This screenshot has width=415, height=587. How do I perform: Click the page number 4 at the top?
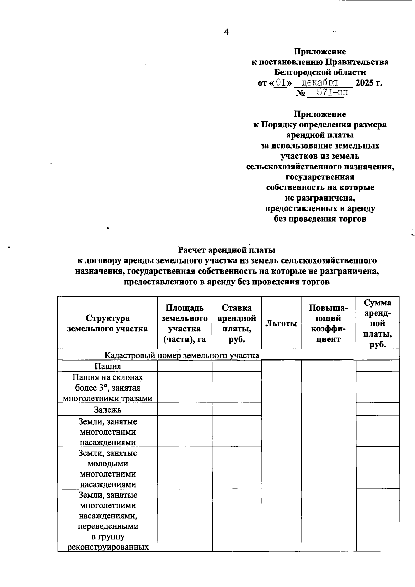tap(226, 32)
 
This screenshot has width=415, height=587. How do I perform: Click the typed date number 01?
tap(280, 83)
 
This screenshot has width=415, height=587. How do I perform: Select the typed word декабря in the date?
tap(320, 83)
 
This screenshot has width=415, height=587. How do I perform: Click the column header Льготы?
tap(281, 323)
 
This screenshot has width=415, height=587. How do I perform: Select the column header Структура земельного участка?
tap(108, 323)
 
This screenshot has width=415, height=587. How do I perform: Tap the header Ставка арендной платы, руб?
tap(237, 323)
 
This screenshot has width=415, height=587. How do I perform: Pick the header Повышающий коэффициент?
tap(328, 323)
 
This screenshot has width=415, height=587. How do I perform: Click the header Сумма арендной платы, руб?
tap(377, 323)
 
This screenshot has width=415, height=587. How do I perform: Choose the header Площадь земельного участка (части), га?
tap(185, 323)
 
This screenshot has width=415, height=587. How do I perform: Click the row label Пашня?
tap(108, 366)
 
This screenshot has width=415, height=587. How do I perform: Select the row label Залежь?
tap(108, 410)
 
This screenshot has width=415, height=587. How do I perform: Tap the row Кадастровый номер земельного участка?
tap(182, 355)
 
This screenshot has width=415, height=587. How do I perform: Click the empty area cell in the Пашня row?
tap(185, 366)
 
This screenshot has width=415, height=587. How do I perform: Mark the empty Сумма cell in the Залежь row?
tap(377, 410)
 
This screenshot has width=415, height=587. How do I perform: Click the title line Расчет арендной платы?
tap(227, 250)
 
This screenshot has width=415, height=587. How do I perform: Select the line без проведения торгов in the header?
tap(320, 219)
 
